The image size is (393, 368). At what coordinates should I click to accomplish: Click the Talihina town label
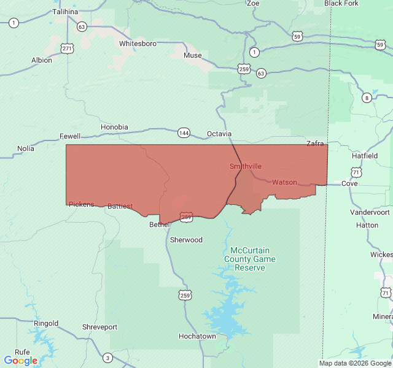(65, 12)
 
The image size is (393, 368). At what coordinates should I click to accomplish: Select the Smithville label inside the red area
(246, 166)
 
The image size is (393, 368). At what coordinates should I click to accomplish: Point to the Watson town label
(284, 182)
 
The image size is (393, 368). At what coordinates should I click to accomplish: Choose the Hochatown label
(197, 336)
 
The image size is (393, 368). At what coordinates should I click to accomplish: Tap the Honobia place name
(114, 127)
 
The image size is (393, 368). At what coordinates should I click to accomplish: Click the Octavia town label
(219, 133)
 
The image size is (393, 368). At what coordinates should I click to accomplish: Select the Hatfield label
(365, 156)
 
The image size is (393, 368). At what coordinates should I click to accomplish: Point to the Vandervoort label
(370, 212)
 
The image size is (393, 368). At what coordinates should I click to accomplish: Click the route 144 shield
(184, 132)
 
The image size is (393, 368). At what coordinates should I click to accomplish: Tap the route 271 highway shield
(67, 48)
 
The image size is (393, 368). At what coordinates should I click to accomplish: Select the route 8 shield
(367, 98)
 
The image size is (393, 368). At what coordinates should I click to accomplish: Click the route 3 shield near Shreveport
(107, 358)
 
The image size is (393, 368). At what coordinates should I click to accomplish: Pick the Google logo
(20, 361)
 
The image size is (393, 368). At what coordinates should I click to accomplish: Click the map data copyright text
(355, 363)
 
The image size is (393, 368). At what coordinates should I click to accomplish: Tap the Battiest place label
(120, 206)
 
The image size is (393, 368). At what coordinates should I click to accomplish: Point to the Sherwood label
(186, 240)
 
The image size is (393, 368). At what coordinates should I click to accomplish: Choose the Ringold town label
(46, 323)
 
